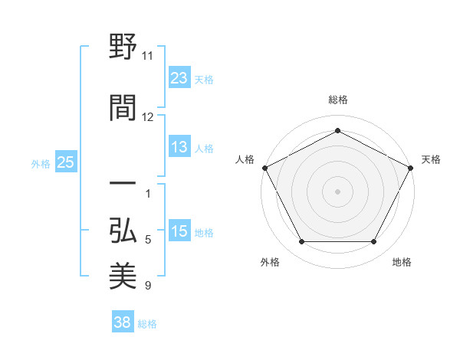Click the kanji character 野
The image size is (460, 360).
click(x=123, y=47)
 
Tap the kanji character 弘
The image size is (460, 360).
click(x=123, y=230)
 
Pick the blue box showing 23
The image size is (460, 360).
click(x=179, y=78)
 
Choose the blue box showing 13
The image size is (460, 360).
click(x=179, y=147)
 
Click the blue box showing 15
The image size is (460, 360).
click(x=179, y=231)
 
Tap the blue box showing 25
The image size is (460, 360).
click(x=65, y=162)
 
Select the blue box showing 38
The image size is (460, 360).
click(x=123, y=323)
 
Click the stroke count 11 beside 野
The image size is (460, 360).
click(x=148, y=55)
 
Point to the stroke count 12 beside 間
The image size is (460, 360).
click(x=148, y=116)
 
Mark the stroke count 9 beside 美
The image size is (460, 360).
click(x=148, y=286)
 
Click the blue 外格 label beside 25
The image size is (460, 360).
click(x=41, y=163)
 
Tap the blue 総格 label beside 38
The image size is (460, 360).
click(x=147, y=324)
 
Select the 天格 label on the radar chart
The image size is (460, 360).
click(x=431, y=159)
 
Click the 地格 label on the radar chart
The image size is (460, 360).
click(x=402, y=262)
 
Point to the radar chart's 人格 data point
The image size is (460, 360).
click(x=264, y=167)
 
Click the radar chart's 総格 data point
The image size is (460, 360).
click(x=337, y=131)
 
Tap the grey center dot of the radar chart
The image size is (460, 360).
click(x=337, y=191)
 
